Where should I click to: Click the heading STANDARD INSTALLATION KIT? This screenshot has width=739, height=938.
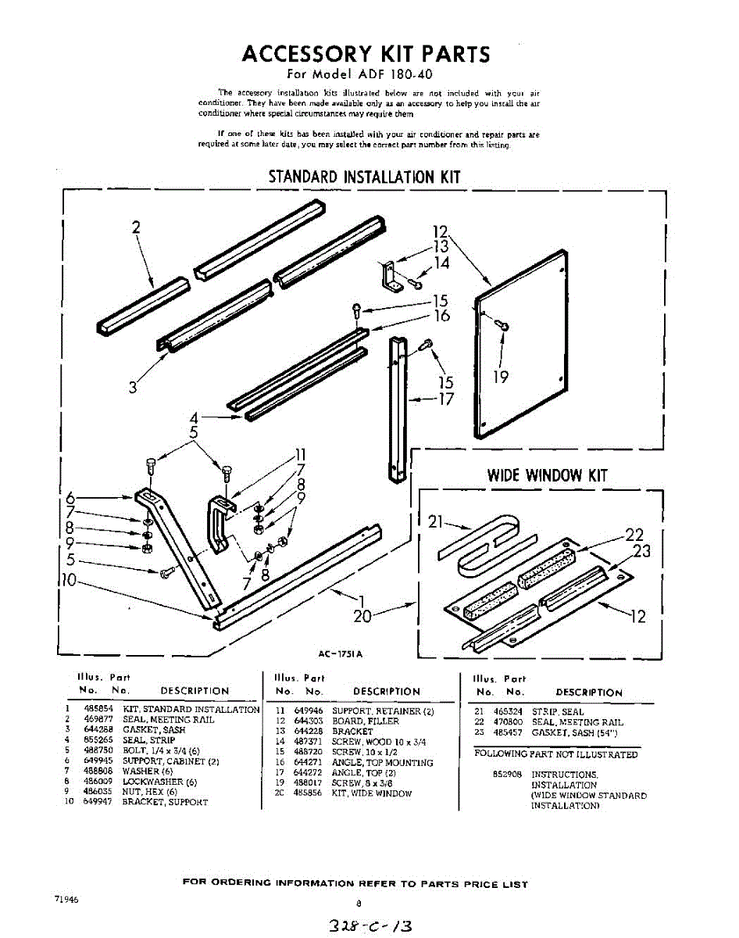pos(364,177)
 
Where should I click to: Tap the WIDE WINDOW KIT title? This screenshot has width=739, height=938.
pos(547,474)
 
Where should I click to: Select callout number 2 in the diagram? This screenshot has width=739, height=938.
pos(136,227)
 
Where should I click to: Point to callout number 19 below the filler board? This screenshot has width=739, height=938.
pos(501,377)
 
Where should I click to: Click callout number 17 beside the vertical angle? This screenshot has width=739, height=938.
pos(445,399)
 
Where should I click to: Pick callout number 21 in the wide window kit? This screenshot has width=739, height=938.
pos(436,521)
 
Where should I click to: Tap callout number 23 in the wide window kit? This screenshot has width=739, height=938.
pos(641,550)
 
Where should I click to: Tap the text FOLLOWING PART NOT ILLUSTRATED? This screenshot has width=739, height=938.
pos(555,754)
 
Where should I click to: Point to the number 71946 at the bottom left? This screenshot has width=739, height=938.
pos(66,900)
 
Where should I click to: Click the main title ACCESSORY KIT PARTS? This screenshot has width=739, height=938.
pos(366,54)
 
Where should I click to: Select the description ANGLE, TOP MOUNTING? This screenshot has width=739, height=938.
pos(382,762)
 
